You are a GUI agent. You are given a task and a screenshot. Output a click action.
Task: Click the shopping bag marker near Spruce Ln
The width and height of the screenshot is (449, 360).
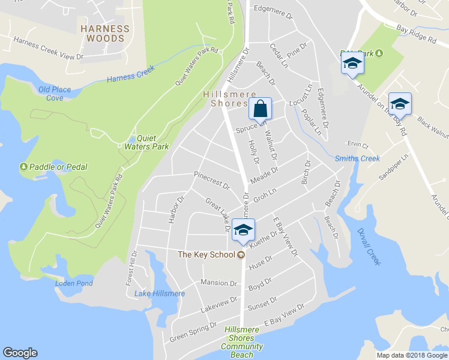260,109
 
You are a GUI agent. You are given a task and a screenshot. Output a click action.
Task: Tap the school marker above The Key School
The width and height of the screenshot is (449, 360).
243,230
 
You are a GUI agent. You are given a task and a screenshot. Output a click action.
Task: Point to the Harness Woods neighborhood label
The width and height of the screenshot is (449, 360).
106,33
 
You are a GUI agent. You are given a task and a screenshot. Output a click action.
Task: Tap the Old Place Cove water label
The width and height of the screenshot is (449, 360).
55,94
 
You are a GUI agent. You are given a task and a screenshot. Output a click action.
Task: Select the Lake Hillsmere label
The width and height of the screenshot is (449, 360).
160,293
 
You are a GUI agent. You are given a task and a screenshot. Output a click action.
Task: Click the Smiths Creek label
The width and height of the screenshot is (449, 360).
357,159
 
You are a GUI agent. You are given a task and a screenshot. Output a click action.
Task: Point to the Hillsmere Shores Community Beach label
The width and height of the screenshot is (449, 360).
242,342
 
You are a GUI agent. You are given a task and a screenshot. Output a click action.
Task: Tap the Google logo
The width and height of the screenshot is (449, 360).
20,353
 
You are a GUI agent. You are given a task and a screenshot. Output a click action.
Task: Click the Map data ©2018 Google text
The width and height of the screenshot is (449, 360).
412,355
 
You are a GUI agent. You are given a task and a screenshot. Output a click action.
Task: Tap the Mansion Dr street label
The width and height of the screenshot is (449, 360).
219,283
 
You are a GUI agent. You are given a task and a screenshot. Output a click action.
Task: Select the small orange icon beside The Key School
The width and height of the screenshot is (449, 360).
241,254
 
